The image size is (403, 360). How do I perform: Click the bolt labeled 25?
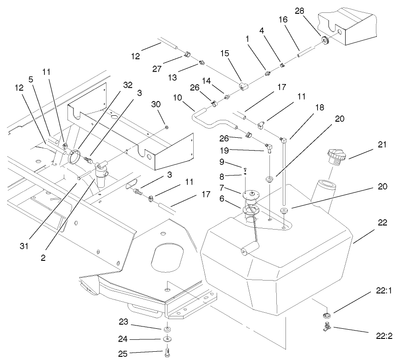click(167, 353)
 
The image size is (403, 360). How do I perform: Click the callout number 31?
click(24, 246)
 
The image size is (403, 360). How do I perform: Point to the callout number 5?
click(31, 79)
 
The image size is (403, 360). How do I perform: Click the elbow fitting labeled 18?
click(284, 138)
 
